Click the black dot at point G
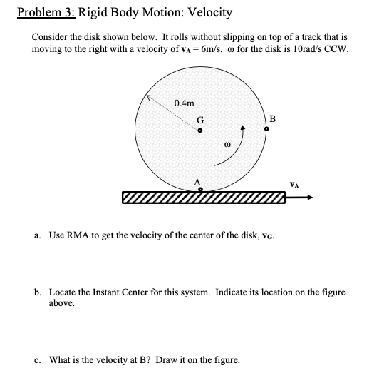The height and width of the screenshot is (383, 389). click(x=200, y=131)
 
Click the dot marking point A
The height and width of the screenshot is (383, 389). click(x=200, y=190)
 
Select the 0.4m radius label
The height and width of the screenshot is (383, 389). click(x=184, y=104)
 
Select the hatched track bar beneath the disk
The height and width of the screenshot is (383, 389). click(x=203, y=198)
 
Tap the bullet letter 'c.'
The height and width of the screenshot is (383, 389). click(x=37, y=359)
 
